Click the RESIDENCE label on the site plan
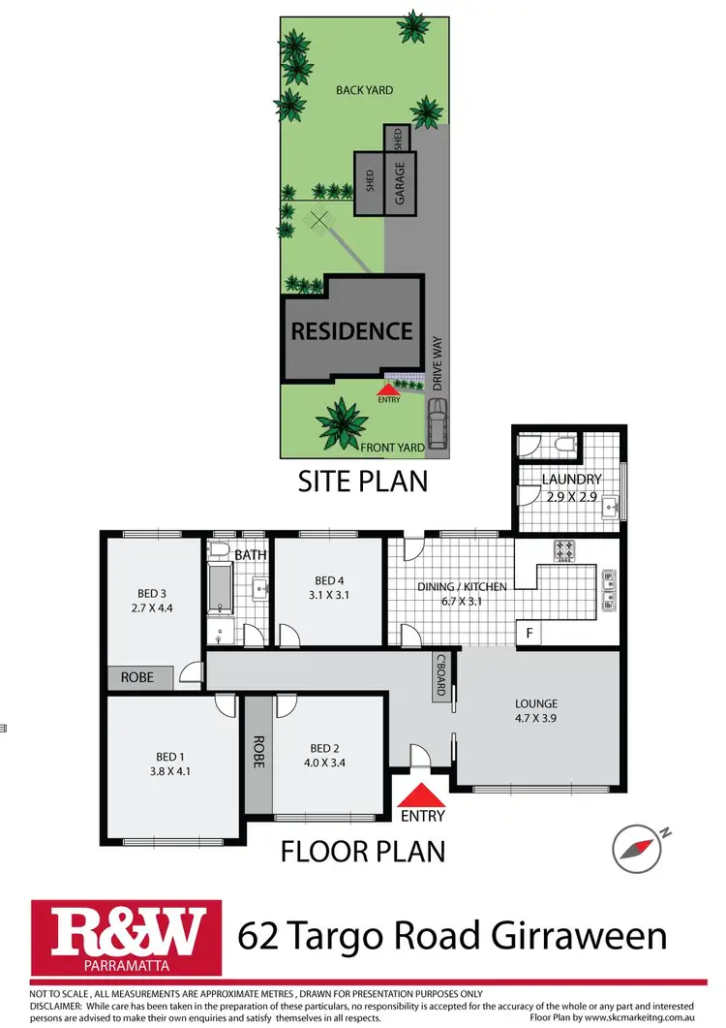point(352,330)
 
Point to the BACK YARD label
point(364,90)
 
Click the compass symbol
point(635,849)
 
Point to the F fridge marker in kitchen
point(529,633)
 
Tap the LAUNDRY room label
point(571,479)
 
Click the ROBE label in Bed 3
point(137,677)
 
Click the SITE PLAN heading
point(363,480)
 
